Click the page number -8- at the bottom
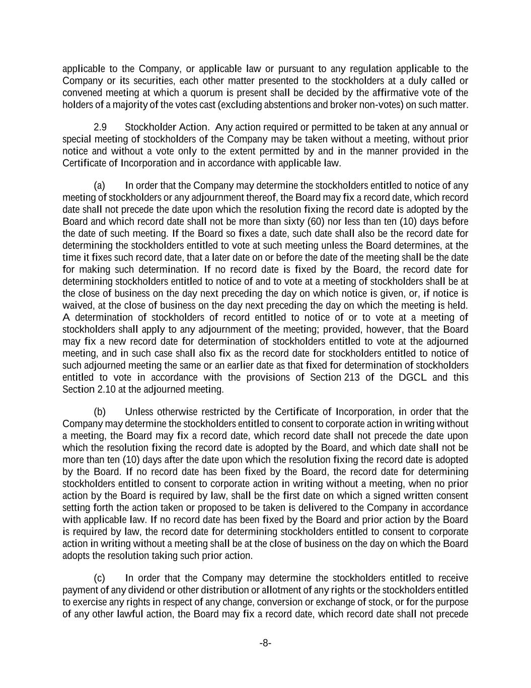click(x=265, y=643)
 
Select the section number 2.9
click(x=100, y=127)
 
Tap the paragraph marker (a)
click(x=100, y=185)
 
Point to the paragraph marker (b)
click(x=100, y=412)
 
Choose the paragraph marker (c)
click(x=100, y=578)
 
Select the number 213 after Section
click(x=352, y=378)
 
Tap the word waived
click(x=75, y=305)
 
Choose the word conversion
click(x=311, y=602)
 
